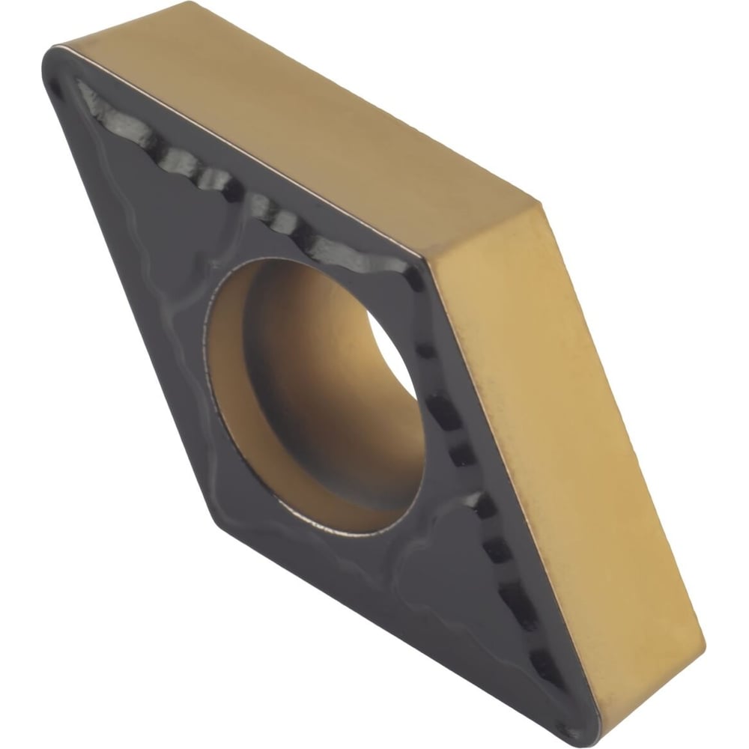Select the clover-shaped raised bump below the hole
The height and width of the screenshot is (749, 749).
[x=434, y=554]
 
